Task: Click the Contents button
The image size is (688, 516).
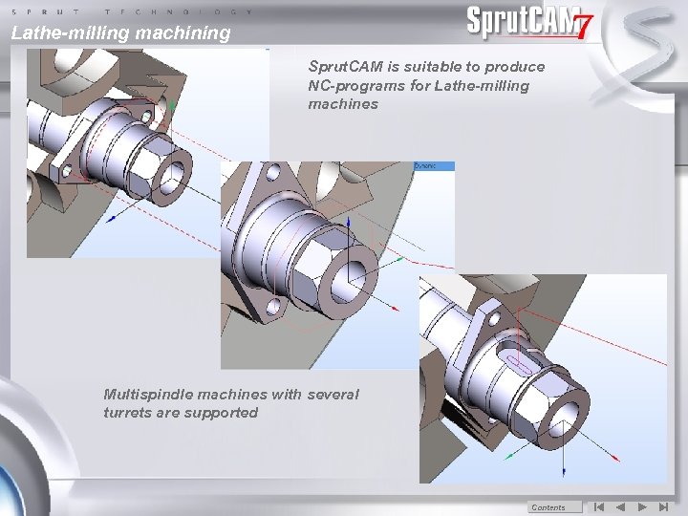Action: click(x=548, y=507)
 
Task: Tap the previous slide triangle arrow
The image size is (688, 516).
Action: click(x=619, y=507)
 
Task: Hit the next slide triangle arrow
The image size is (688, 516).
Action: click(x=642, y=507)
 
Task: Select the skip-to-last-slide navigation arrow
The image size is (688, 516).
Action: click(x=664, y=507)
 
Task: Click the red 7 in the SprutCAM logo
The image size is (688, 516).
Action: click(x=582, y=28)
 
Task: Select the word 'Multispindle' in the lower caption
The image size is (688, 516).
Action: click(x=149, y=395)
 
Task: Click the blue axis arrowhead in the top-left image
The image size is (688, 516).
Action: click(x=112, y=219)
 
